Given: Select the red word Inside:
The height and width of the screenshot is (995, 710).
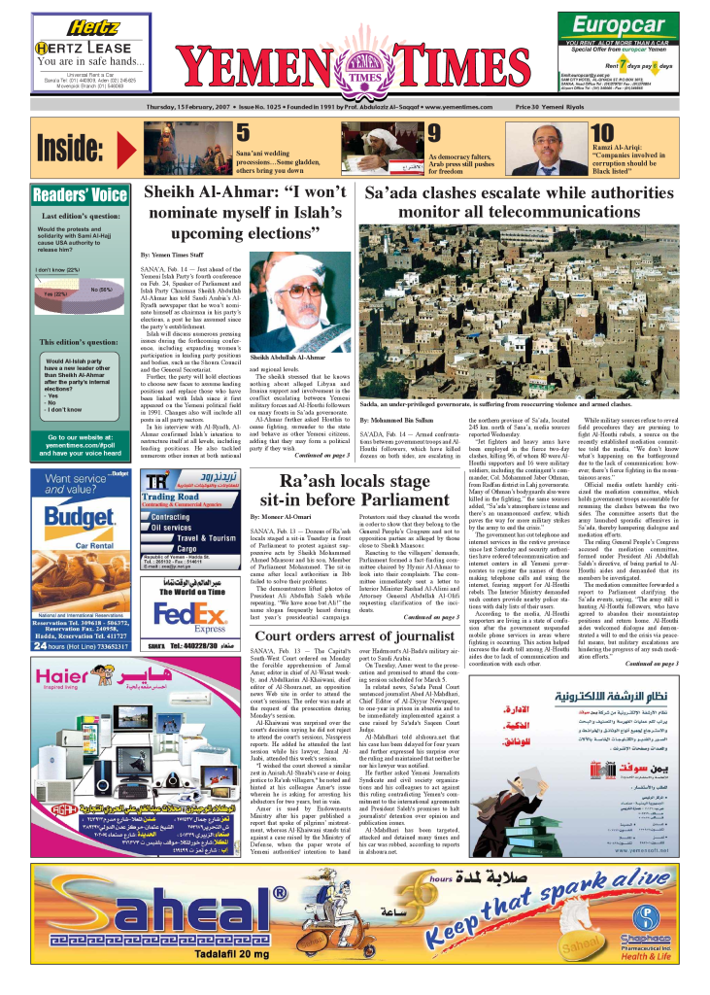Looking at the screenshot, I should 69,150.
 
